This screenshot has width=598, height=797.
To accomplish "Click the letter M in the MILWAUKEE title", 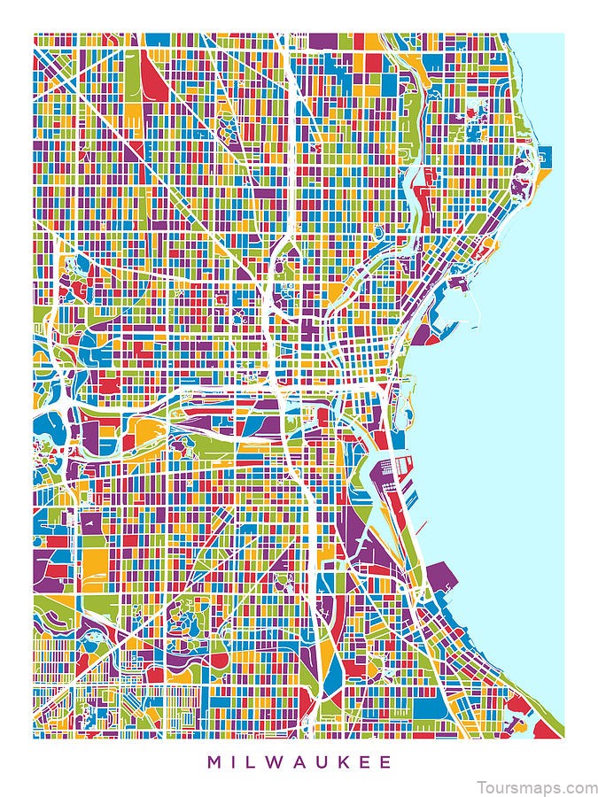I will [x=214, y=761].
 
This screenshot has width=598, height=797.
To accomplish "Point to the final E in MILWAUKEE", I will [x=384, y=761].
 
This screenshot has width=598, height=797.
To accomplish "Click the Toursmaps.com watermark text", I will [x=536, y=786].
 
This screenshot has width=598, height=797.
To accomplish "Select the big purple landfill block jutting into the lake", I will [x=442, y=580].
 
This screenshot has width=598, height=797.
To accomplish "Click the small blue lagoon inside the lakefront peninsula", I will [x=408, y=413].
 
